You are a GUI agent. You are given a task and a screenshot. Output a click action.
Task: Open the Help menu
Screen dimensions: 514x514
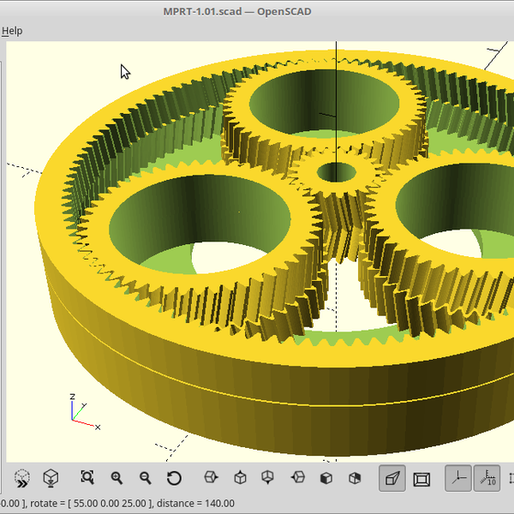tap(11, 31)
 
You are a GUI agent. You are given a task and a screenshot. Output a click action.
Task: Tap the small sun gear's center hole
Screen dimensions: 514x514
tap(336, 172)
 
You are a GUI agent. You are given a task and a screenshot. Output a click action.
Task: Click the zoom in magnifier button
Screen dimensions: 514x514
tap(117, 478)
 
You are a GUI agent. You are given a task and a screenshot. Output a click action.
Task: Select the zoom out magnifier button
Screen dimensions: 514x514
tap(145, 478)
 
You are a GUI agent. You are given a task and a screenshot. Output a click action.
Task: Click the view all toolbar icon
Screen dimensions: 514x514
tap(87, 478)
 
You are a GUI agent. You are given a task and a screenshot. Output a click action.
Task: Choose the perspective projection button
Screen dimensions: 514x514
tap(392, 478)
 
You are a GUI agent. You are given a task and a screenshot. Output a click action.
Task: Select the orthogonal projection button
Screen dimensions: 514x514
tap(421, 478)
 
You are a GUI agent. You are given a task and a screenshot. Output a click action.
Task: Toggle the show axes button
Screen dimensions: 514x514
tap(457, 478)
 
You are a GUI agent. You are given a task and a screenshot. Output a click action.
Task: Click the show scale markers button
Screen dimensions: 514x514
tap(487, 478)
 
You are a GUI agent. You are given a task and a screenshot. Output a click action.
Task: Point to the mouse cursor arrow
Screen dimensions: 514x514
tap(124, 71)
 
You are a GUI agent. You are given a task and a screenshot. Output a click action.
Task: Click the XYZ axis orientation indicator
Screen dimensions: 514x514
tap(79, 411)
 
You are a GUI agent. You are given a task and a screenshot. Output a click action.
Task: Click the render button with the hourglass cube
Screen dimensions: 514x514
tap(51, 478)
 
